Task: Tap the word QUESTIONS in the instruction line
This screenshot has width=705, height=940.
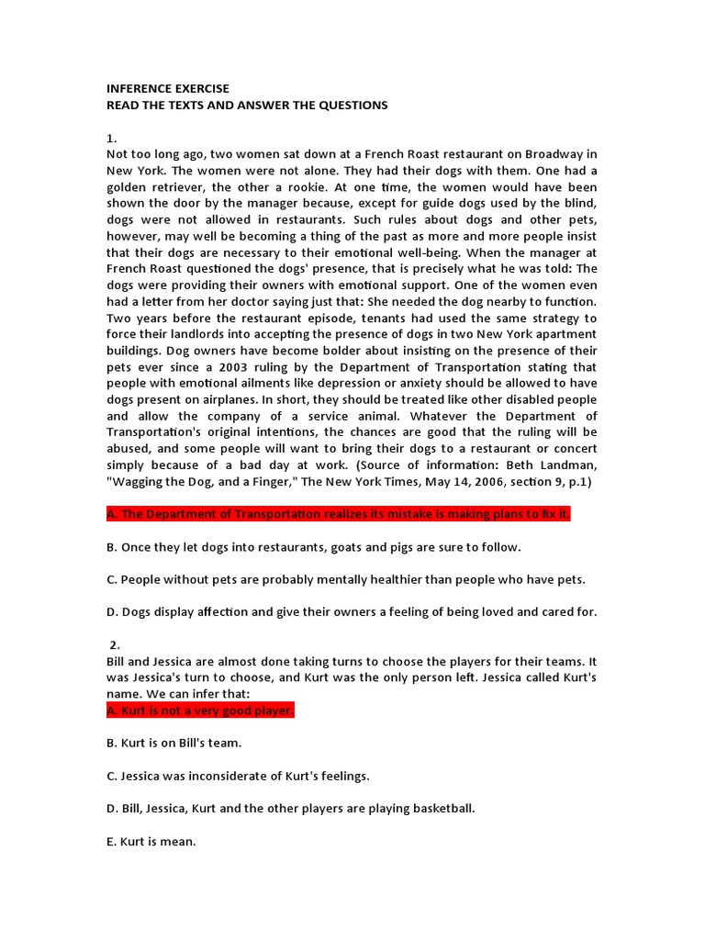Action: point(353,106)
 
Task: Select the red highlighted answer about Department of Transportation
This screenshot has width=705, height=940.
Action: point(339,514)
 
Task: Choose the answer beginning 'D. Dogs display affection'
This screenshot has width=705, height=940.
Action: point(352,612)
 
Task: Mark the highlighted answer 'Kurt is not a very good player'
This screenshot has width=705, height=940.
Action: point(200,711)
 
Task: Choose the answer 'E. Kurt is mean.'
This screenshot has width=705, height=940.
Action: point(151,841)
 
